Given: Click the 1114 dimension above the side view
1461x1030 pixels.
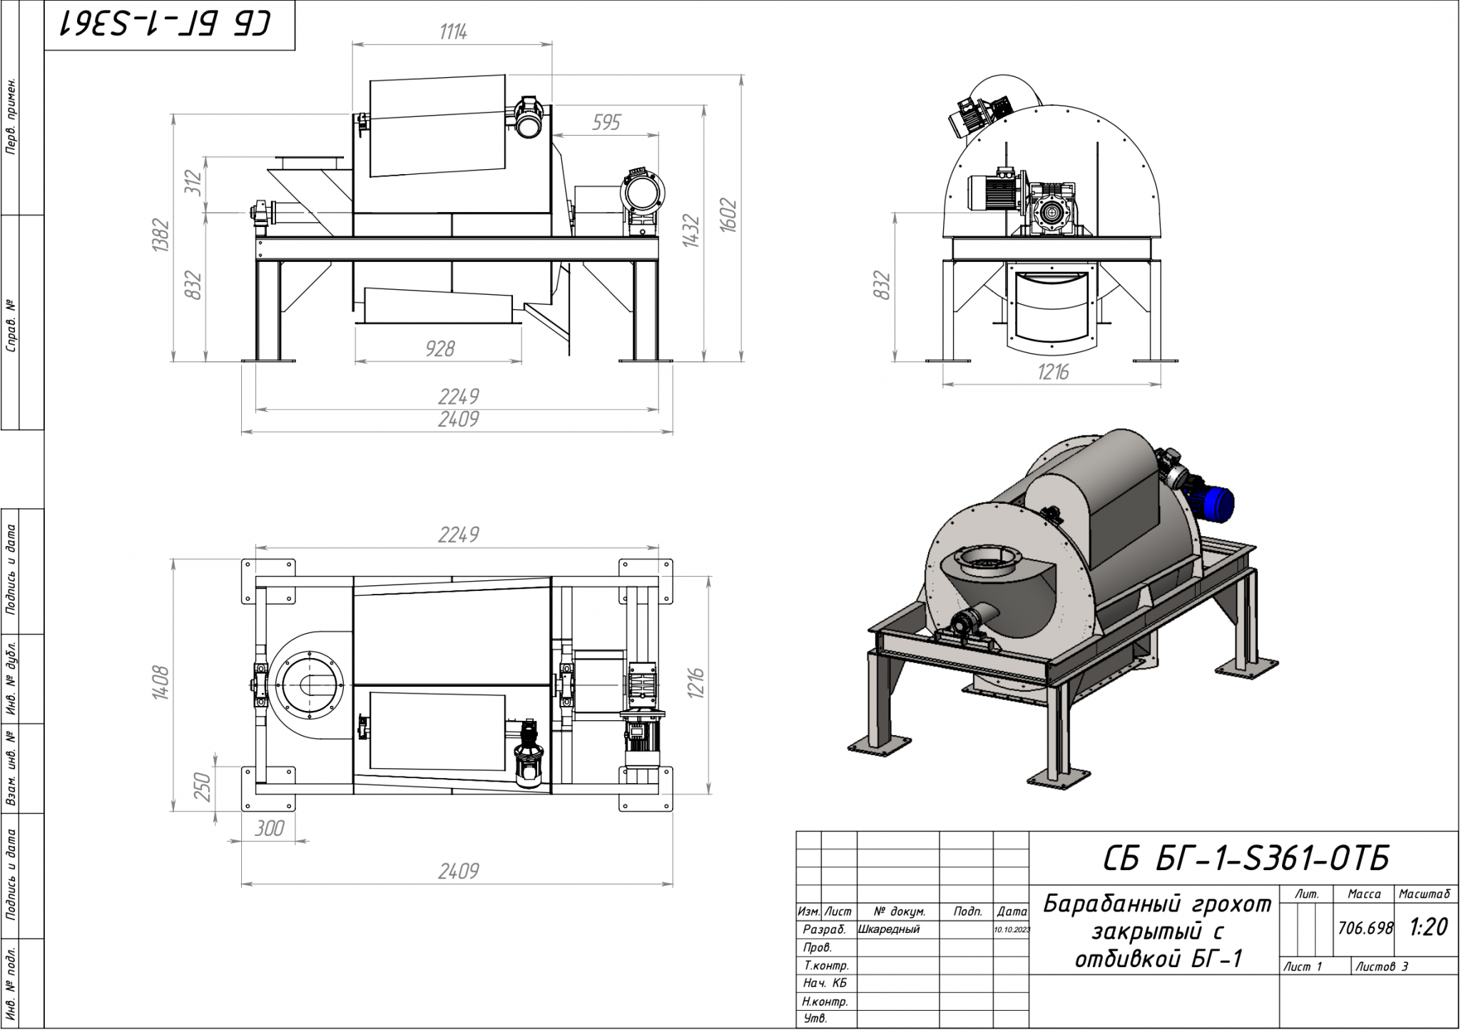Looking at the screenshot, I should (x=453, y=32).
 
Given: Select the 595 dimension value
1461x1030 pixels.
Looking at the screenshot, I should (x=606, y=123).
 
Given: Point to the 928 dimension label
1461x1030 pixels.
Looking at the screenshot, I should (x=439, y=349).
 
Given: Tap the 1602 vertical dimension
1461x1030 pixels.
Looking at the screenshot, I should (x=728, y=214).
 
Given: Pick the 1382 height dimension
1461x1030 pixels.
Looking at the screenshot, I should (x=161, y=236).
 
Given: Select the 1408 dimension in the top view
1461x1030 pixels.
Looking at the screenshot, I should (x=161, y=682).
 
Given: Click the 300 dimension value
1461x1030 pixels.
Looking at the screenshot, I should (x=269, y=829).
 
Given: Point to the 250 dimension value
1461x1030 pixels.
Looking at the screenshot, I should (x=203, y=787).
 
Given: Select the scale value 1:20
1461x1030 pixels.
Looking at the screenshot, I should (x=1427, y=928).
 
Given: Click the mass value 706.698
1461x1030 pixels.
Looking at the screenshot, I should (x=1365, y=929).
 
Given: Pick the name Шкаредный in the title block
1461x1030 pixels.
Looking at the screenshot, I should (x=890, y=929).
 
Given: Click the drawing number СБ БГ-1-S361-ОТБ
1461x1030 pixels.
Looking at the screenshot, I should (x=1246, y=859).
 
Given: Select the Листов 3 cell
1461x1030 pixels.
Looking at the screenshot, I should (x=1382, y=967).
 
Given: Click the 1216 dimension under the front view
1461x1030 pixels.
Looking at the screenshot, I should (x=1052, y=373).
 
